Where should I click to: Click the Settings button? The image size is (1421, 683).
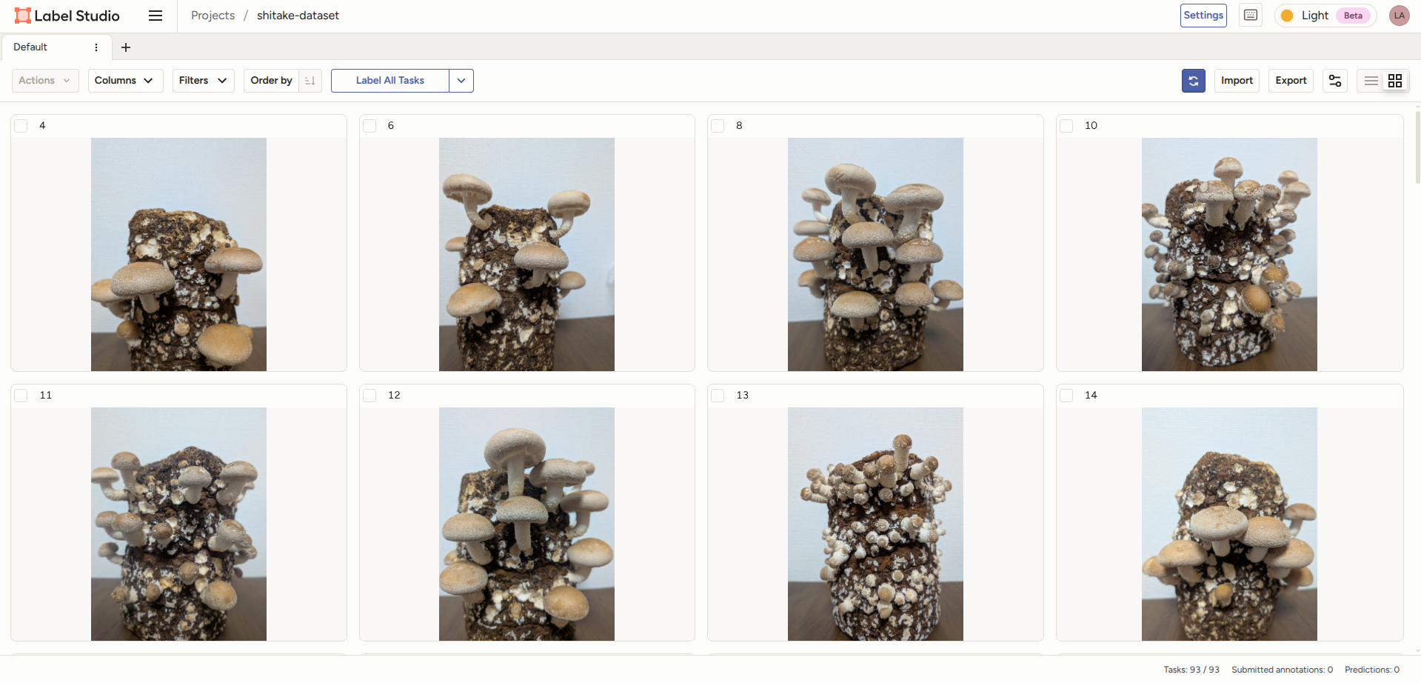pyautogui.click(x=1203, y=16)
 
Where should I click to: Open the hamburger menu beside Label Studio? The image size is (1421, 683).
pyautogui.click(x=156, y=16)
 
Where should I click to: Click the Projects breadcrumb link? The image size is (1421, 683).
pyautogui.click(x=213, y=16)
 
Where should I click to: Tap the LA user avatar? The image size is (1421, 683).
pyautogui.click(x=1399, y=16)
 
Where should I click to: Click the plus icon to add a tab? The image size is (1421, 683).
pyautogui.click(x=126, y=47)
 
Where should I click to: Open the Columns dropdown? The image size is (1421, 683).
pyautogui.click(x=124, y=81)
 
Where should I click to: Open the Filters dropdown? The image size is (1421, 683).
pyautogui.click(x=203, y=81)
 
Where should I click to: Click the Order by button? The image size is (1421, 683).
pyautogui.click(x=272, y=81)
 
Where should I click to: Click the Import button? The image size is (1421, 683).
pyautogui.click(x=1237, y=81)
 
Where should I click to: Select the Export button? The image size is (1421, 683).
pyautogui.click(x=1291, y=81)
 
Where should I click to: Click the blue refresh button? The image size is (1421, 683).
pyautogui.click(x=1193, y=81)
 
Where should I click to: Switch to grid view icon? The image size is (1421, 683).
pyautogui.click(x=1395, y=81)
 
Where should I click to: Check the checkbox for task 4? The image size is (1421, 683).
pyautogui.click(x=21, y=126)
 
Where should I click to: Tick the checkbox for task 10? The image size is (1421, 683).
pyautogui.click(x=1066, y=126)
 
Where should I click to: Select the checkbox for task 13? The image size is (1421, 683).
pyautogui.click(x=718, y=396)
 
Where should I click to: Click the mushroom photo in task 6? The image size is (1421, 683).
pyautogui.click(x=526, y=254)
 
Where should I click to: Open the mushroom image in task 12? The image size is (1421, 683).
pyautogui.click(x=526, y=524)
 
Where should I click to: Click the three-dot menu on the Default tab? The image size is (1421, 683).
pyautogui.click(x=96, y=47)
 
